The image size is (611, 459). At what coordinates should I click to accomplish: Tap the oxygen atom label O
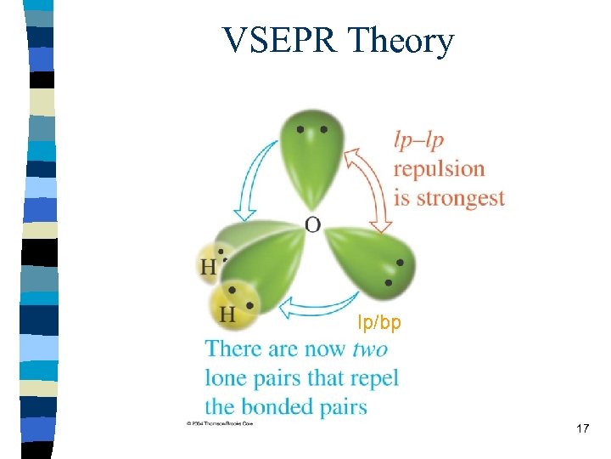[312, 224]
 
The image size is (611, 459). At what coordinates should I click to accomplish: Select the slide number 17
[582, 428]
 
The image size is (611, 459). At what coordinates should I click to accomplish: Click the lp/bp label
[379, 323]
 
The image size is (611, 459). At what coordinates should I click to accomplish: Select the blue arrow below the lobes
[318, 303]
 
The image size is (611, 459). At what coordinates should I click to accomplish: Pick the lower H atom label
[227, 314]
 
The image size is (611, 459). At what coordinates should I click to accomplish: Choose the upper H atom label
[208, 267]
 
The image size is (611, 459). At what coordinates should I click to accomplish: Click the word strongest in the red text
[458, 199]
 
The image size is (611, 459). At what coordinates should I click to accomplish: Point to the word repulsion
[439, 169]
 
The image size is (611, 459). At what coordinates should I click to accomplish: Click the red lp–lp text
[418, 139]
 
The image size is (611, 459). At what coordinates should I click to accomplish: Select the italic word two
[371, 348]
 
